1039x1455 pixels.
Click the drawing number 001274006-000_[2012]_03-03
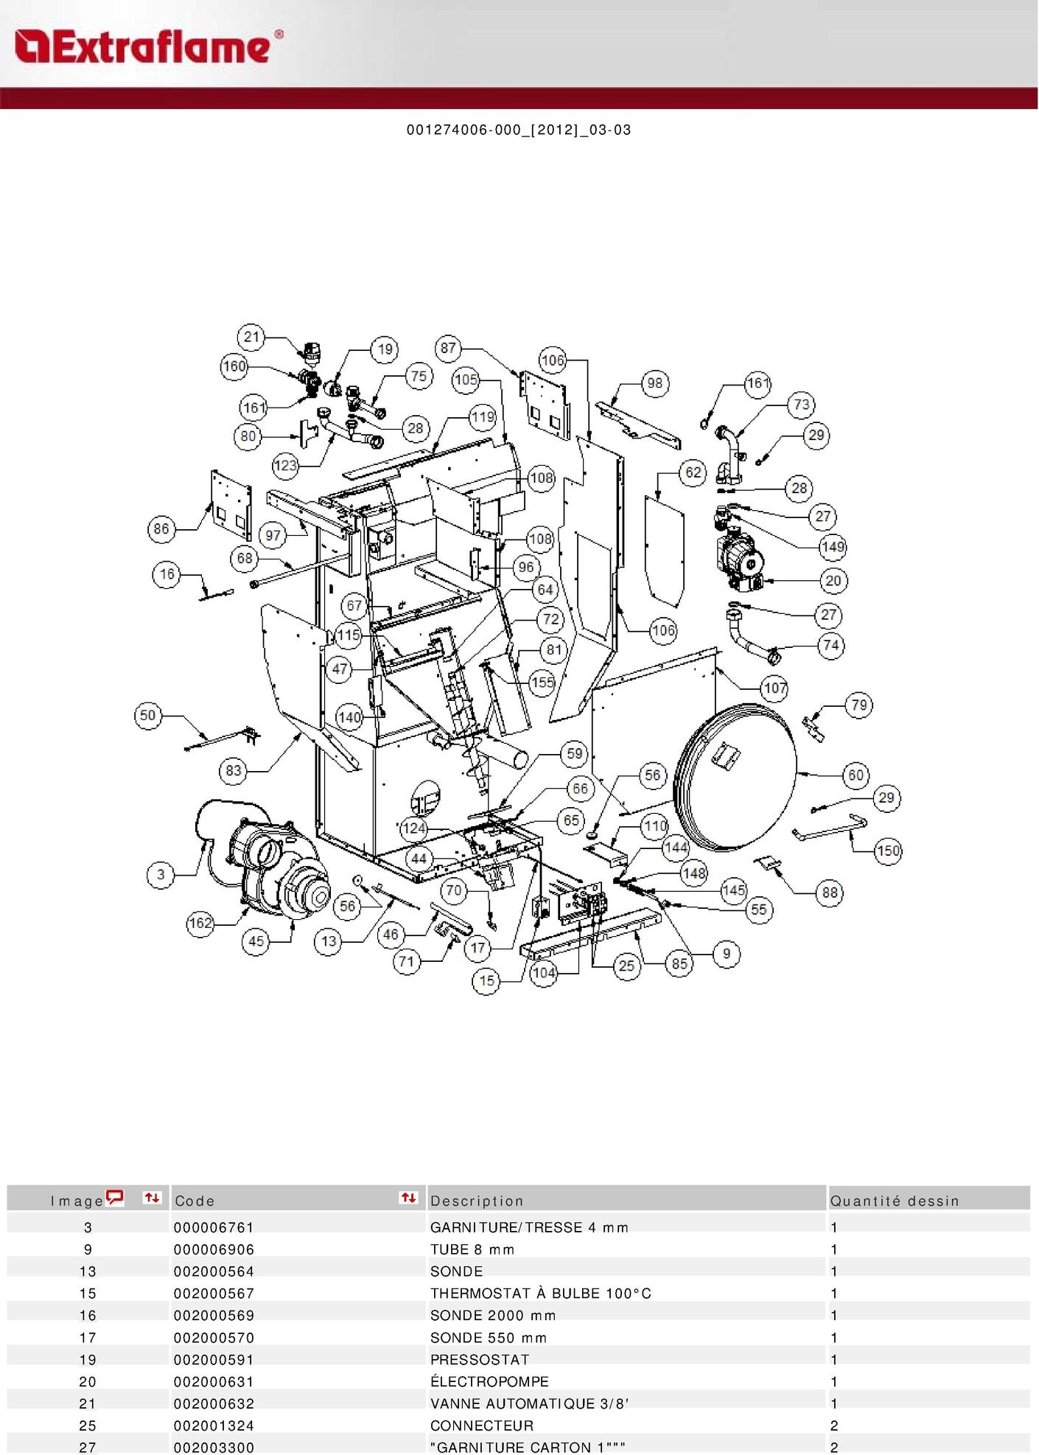pyautogui.click(x=519, y=130)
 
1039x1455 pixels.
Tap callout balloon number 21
pyautogui.click(x=252, y=337)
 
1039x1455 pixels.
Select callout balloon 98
pyautogui.click(x=654, y=383)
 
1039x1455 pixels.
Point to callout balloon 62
pyautogui.click(x=693, y=472)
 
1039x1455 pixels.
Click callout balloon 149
pyautogui.click(x=833, y=547)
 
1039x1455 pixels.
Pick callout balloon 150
pyautogui.click(x=888, y=851)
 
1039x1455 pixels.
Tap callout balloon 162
pyautogui.click(x=200, y=923)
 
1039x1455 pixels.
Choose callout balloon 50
pyautogui.click(x=148, y=715)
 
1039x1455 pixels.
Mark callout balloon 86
pyautogui.click(x=161, y=528)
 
